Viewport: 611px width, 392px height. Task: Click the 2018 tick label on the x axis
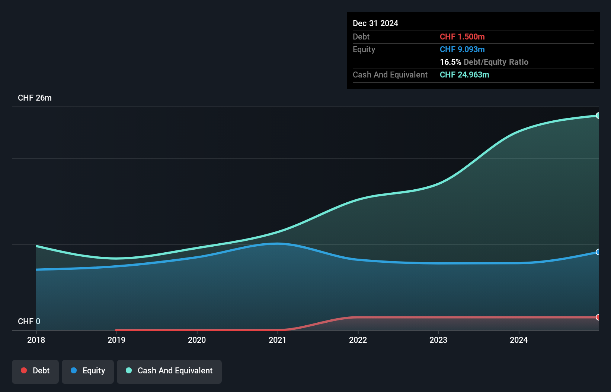pos(36,340)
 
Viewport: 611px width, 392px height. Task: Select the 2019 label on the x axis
pos(116,340)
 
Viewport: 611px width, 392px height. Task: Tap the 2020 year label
pos(197,340)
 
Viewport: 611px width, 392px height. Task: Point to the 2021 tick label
pos(278,340)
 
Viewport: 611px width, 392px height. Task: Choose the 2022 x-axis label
pos(358,340)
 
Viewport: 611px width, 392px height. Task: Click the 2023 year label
pos(438,340)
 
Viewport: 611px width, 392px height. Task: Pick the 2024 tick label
pos(519,340)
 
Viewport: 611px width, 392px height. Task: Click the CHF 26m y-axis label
pos(35,98)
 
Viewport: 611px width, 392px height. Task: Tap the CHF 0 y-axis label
pos(29,321)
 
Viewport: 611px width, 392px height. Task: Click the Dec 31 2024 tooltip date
pos(375,23)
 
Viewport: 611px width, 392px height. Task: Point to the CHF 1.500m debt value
pos(462,37)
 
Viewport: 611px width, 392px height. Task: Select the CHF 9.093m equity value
pos(462,50)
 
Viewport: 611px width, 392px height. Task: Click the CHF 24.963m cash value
pos(464,75)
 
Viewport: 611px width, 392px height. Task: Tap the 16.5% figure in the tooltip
pos(450,62)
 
